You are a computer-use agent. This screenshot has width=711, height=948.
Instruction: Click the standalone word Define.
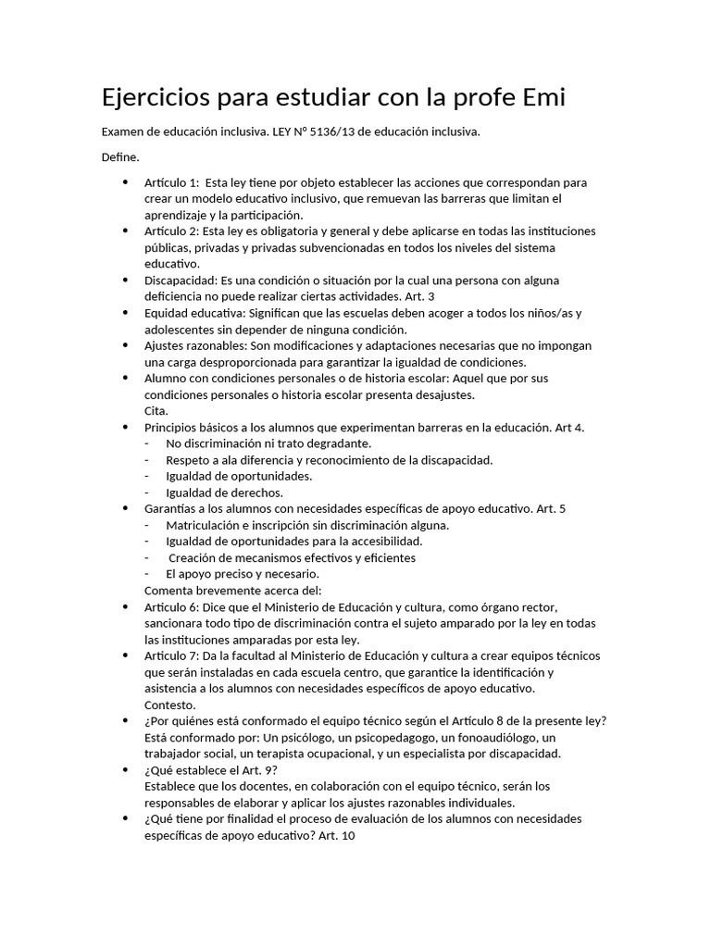click(x=120, y=157)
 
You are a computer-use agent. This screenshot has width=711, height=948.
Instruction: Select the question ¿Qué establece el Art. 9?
click(x=211, y=769)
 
